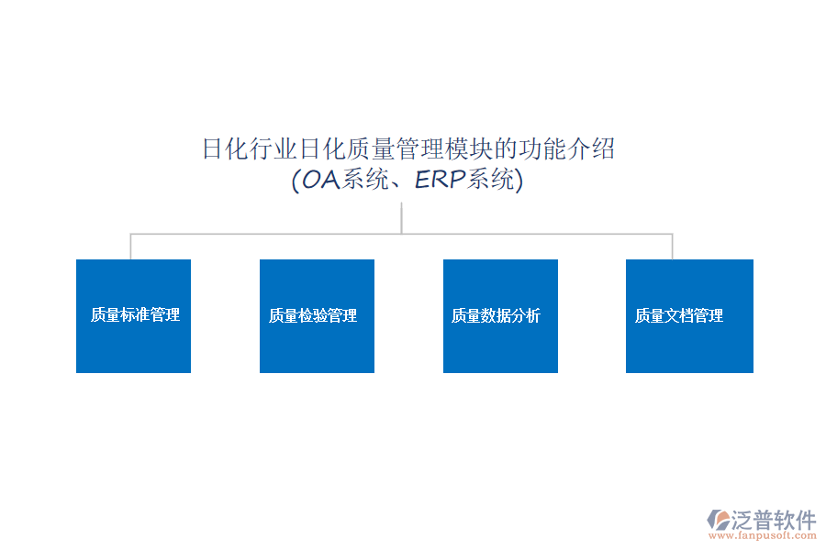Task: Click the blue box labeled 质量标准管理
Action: click(x=133, y=315)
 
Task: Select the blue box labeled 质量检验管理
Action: click(x=317, y=315)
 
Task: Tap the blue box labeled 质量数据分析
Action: click(x=500, y=315)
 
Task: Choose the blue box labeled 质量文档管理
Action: click(x=689, y=315)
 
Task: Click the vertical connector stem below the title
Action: click(x=402, y=218)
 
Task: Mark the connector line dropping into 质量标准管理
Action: click(x=130, y=247)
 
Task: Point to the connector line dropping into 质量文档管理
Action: click(x=673, y=247)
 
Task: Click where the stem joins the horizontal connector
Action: click(x=402, y=234)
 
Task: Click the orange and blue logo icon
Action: click(x=717, y=521)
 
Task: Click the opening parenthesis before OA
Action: click(x=296, y=181)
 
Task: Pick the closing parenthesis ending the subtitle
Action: click(x=519, y=181)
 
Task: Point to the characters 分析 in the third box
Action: click(x=526, y=316)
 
